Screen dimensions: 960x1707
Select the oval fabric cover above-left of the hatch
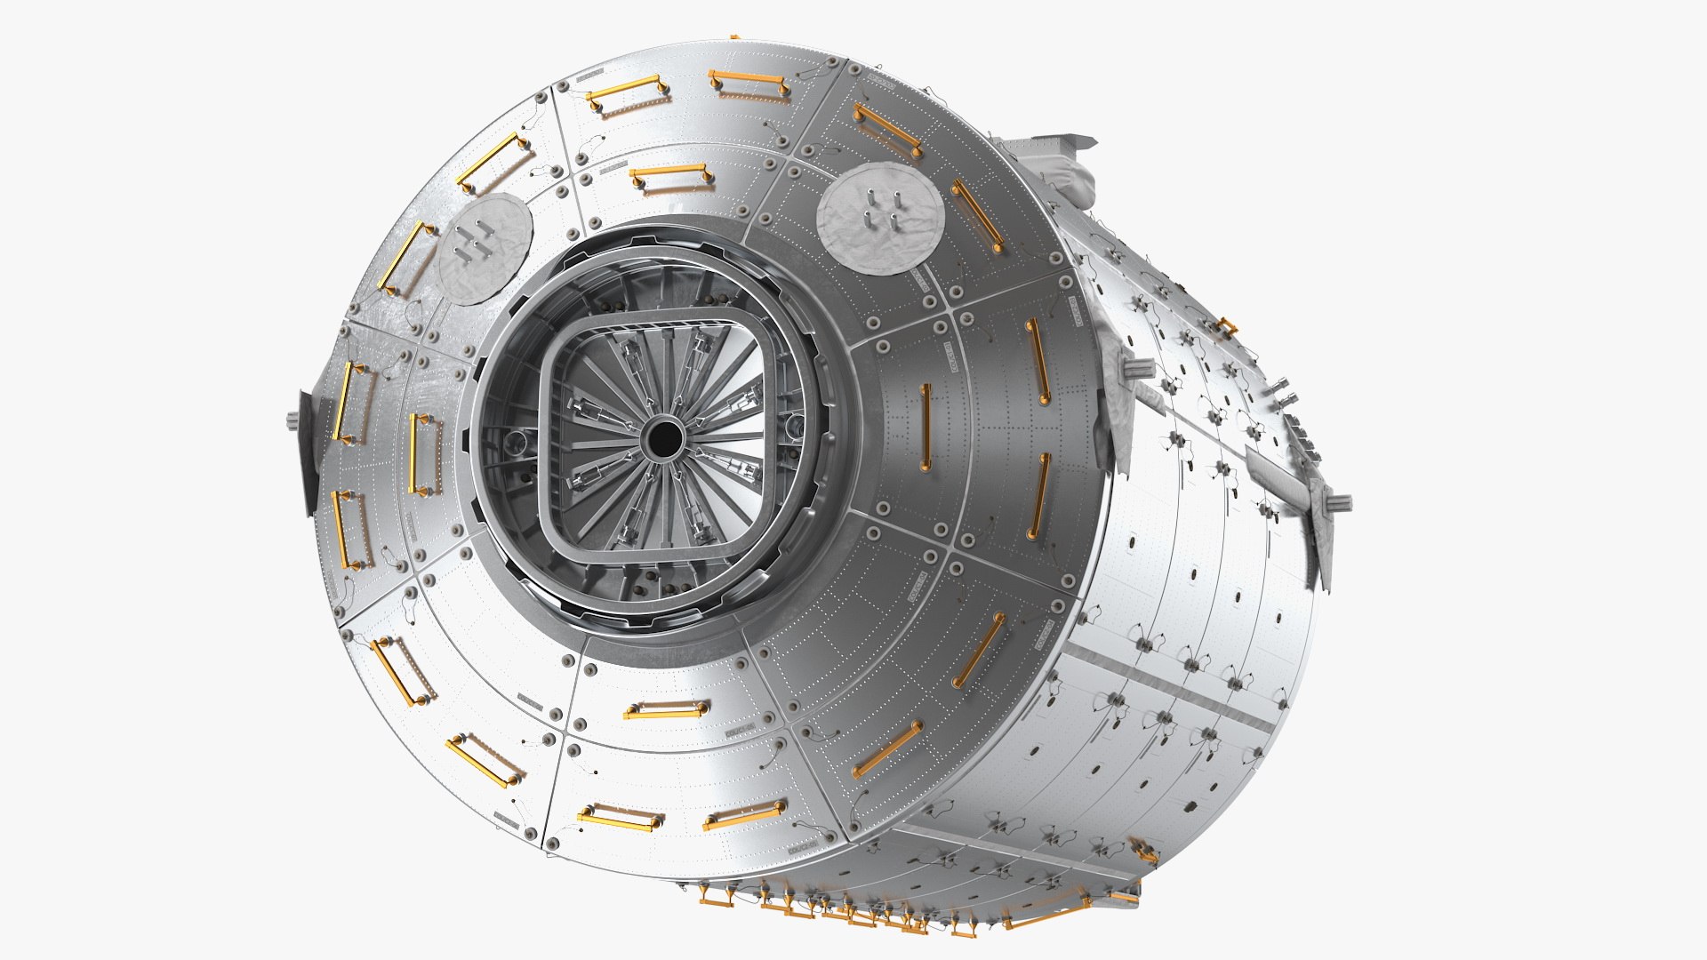pyautogui.click(x=485, y=249)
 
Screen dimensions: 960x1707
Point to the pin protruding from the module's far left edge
pyautogui.click(x=293, y=418)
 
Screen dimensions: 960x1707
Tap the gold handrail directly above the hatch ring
pyautogui.click(x=672, y=177)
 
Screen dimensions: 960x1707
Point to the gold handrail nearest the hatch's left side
pyautogui.click(x=425, y=453)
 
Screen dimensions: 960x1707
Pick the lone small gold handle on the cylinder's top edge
pyautogui.click(x=1228, y=326)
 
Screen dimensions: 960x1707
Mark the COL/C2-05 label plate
pyautogui.click(x=805, y=844)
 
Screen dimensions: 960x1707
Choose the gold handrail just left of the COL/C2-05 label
pyautogui.click(x=745, y=814)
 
